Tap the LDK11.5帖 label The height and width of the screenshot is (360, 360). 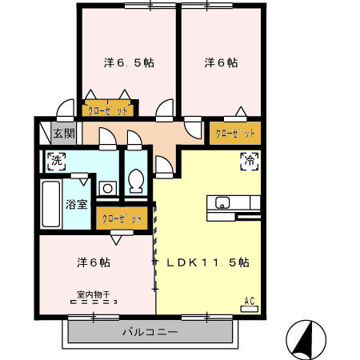click(207, 262)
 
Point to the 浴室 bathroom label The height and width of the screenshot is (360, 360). click(77, 204)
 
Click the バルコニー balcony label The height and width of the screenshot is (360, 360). click(150, 330)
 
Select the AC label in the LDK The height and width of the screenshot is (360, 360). click(249, 301)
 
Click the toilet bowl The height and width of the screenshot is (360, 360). click(135, 182)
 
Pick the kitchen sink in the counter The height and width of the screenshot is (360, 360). click(222, 202)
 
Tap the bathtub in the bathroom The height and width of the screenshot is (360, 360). click(52, 204)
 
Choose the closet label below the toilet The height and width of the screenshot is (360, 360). click(122, 218)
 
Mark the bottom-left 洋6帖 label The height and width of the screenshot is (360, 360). click(94, 262)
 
